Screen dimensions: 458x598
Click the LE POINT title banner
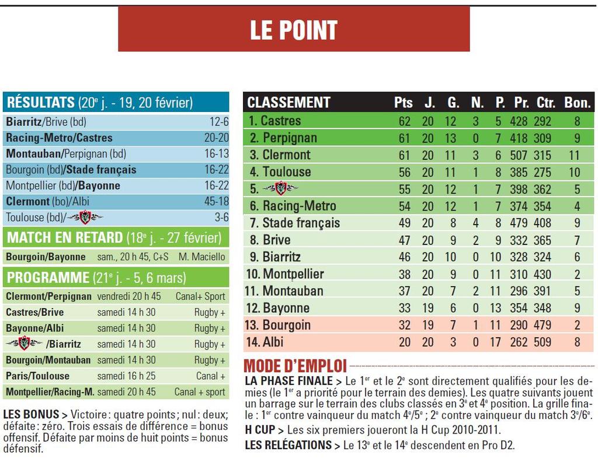pos(294,29)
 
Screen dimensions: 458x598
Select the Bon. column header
pos(577,103)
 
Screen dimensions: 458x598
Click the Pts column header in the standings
pos(404,103)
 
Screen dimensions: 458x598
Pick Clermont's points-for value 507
pos(518,155)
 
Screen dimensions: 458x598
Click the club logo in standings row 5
pos(281,188)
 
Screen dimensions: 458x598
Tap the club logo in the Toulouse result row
pos(85,217)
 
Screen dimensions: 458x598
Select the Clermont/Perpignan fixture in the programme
pos(48,296)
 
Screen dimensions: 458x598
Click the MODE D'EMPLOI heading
pos(295,366)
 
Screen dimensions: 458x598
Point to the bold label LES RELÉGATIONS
pos(288,445)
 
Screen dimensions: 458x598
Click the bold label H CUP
pos(263,430)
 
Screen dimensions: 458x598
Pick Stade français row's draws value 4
pos(477,222)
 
